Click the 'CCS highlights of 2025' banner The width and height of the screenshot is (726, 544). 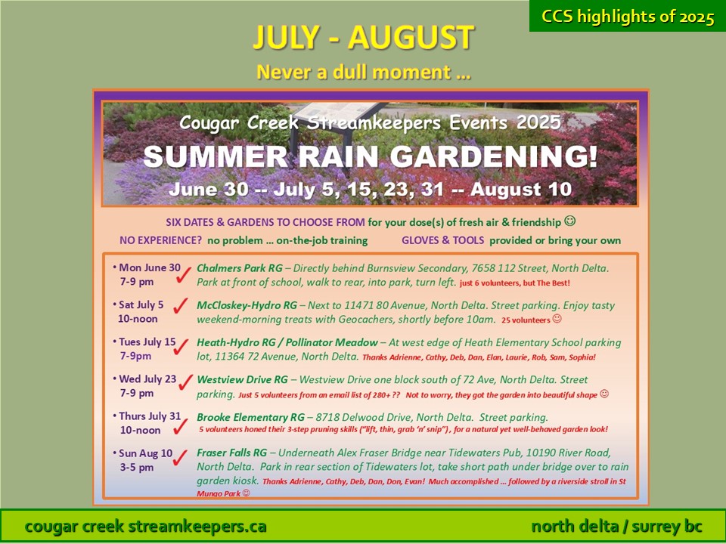tap(628, 16)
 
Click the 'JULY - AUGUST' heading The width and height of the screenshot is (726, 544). tap(364, 37)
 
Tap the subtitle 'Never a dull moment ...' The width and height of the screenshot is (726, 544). tap(364, 73)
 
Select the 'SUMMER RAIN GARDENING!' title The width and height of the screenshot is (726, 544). tap(371, 156)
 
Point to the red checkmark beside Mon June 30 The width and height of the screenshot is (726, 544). tap(183, 275)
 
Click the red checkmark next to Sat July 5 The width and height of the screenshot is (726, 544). tap(181, 305)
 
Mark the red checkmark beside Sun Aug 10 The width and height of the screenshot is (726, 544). tap(180, 458)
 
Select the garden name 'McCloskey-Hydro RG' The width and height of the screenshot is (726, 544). tap(247, 305)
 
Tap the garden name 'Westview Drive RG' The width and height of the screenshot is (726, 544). tap(242, 380)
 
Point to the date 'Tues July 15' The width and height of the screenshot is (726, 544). tap(147, 342)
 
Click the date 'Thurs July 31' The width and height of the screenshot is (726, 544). tap(150, 416)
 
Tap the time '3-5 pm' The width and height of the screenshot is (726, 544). tap(137, 467)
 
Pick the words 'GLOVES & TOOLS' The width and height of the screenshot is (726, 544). tap(442, 240)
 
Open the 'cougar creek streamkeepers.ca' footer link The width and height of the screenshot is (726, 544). tap(145, 527)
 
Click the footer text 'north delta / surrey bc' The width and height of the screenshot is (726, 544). tap(616, 527)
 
